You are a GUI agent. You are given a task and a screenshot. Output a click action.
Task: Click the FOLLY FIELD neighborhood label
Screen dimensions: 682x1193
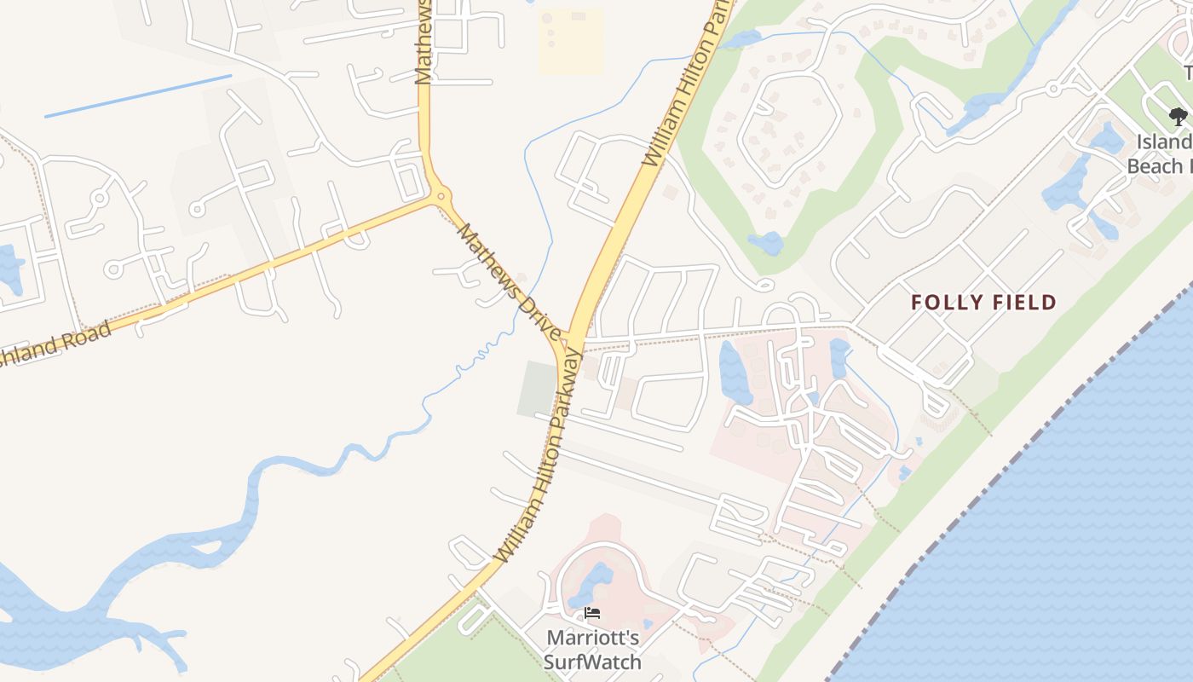pos(983,302)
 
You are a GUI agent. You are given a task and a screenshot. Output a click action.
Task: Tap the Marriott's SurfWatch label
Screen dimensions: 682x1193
pos(592,650)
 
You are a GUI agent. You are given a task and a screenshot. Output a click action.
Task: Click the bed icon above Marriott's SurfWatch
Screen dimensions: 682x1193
pos(592,612)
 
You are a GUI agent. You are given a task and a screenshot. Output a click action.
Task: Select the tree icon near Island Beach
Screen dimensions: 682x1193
pos(1178,116)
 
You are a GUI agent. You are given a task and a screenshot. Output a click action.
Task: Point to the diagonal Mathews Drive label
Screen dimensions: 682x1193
pos(510,280)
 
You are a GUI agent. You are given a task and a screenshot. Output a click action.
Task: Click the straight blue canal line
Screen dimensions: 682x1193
pos(137,95)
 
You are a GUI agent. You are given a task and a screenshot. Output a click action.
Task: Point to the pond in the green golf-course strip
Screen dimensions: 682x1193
pos(766,243)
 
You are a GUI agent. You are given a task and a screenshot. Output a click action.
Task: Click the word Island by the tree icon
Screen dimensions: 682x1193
pos(1164,142)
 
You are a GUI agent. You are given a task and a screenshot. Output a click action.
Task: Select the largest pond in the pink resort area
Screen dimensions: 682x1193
pos(735,373)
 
